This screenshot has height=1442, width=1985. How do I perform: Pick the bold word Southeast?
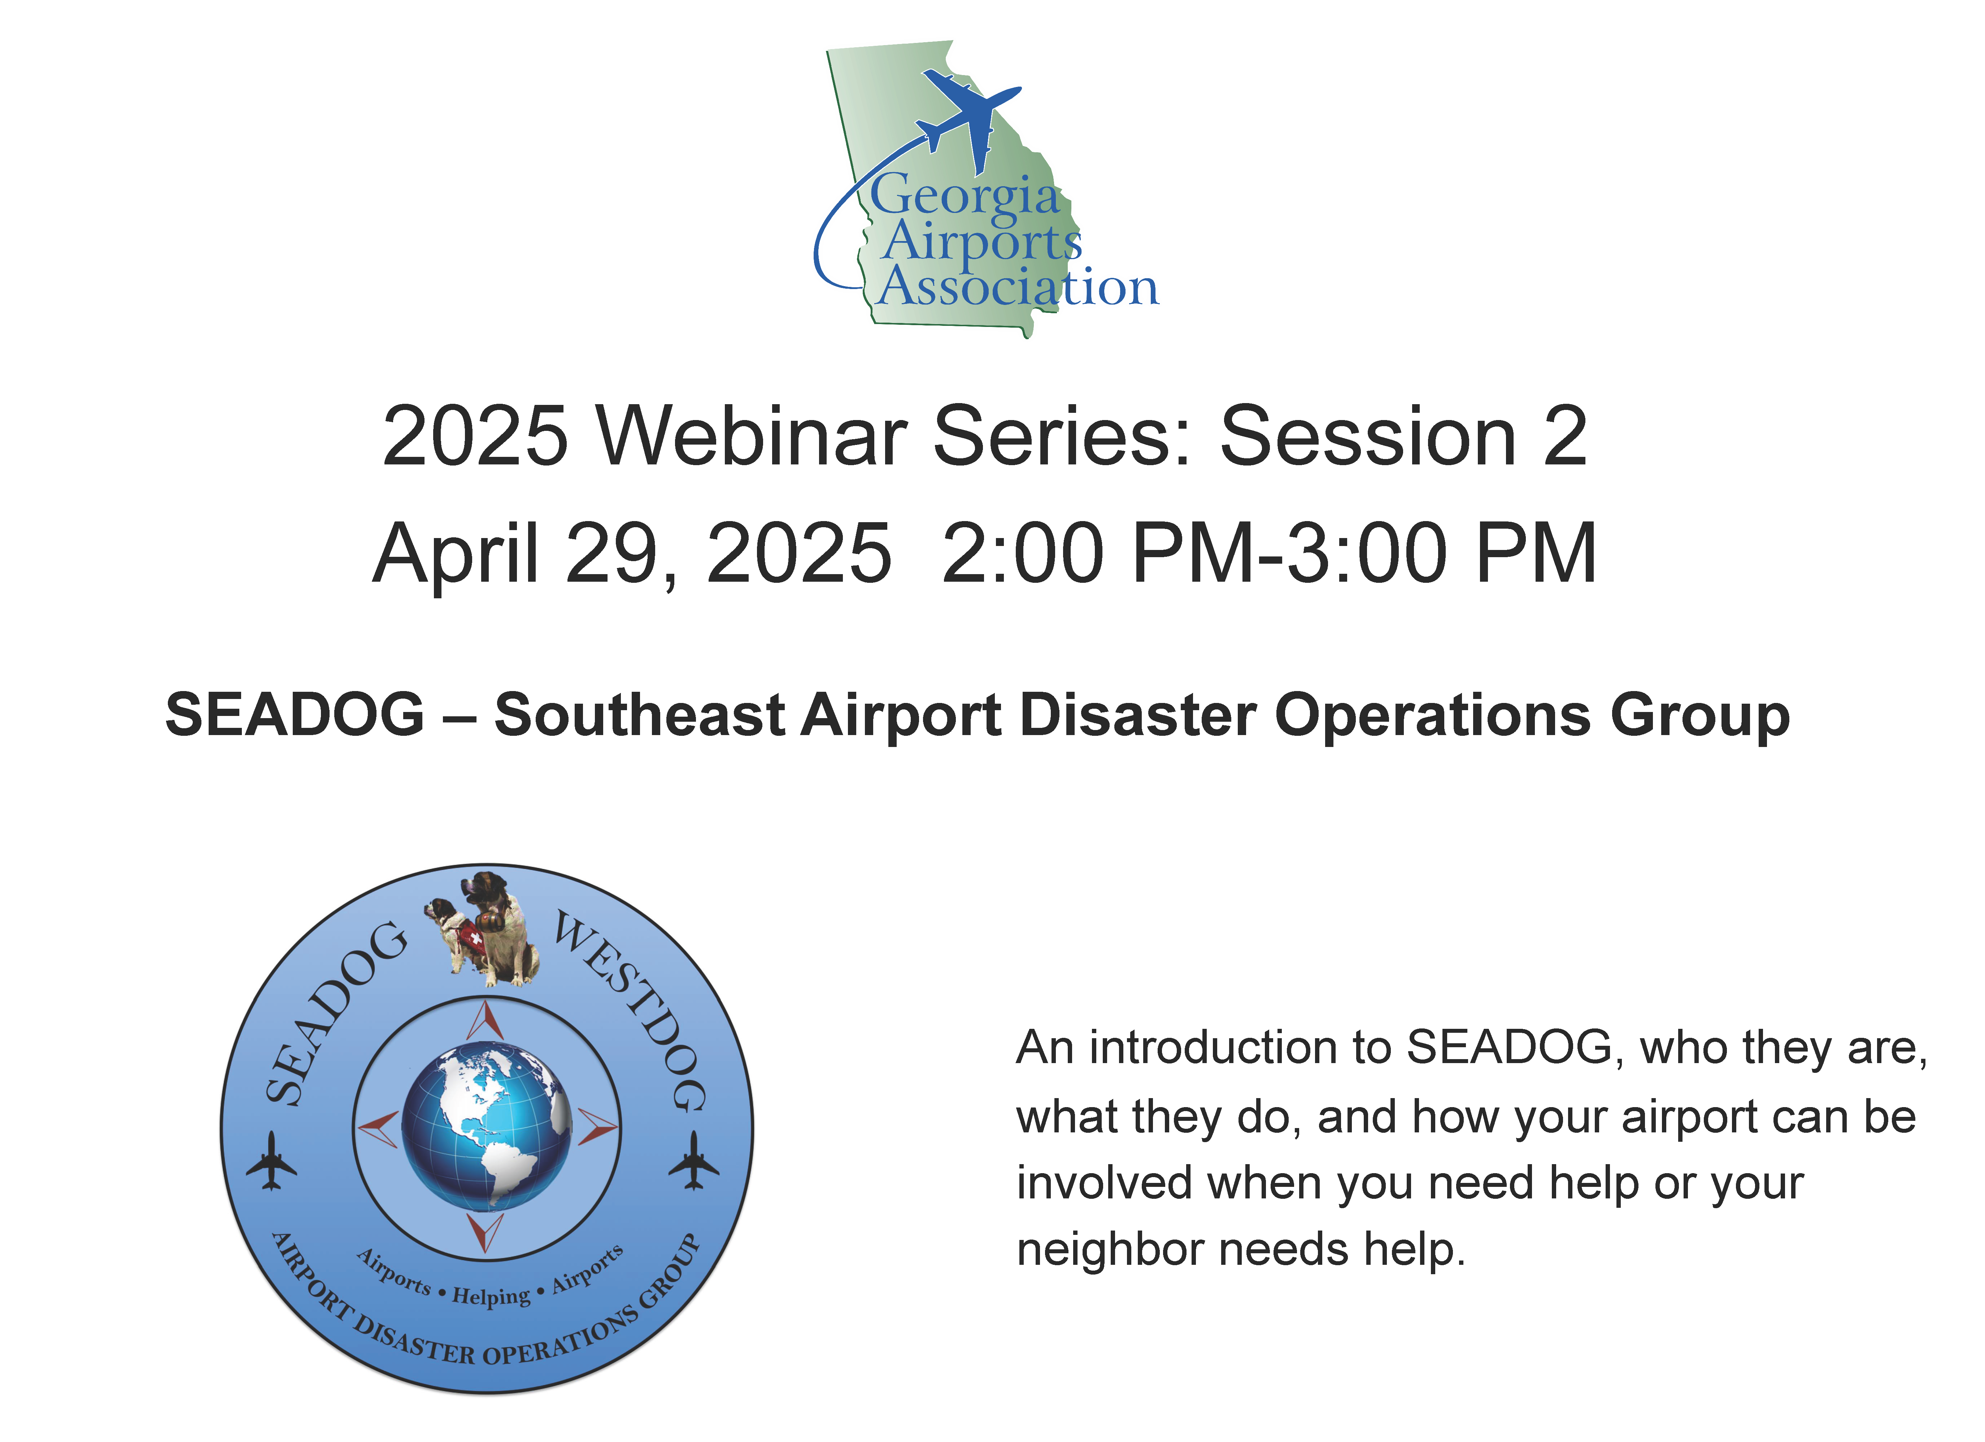tap(640, 715)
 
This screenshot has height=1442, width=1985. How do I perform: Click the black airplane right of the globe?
tap(694, 1161)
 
